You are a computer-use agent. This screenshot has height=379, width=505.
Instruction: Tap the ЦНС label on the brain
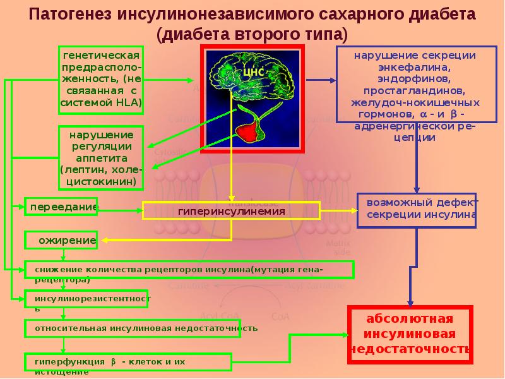(252, 71)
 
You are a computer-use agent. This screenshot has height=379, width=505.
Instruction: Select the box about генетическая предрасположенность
(101, 80)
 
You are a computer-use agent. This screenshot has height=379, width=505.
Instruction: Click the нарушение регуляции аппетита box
(101, 158)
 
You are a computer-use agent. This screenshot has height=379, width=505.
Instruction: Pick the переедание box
(61, 207)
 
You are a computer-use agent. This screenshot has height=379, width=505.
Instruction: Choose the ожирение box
(61, 240)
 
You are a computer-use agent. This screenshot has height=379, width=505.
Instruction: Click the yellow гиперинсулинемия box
(231, 210)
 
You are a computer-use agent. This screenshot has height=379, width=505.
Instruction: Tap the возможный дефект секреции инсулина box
(416, 209)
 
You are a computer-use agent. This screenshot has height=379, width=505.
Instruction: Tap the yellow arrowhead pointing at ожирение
(107, 240)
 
